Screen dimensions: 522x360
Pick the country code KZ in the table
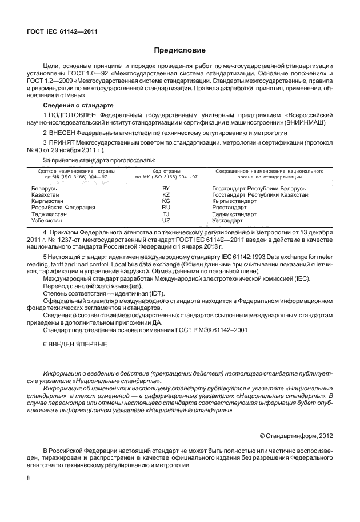(166, 194)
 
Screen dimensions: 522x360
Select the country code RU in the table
(166, 207)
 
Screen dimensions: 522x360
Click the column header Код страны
(166, 171)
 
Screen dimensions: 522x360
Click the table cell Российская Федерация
(63, 207)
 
